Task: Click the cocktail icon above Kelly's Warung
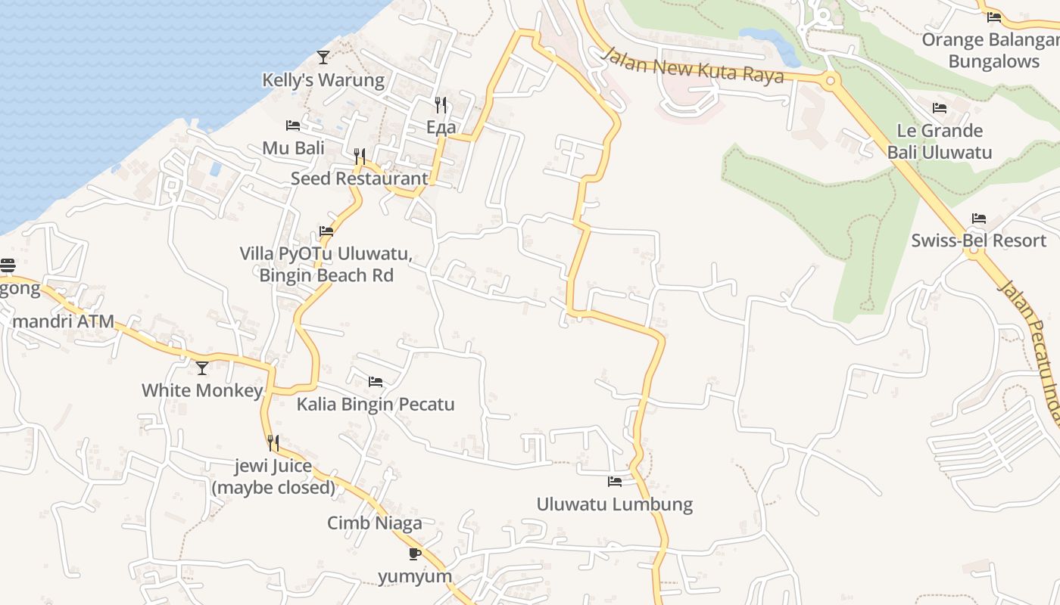pyautogui.click(x=323, y=57)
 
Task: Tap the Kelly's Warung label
pyautogui.click(x=323, y=79)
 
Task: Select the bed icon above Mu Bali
pyautogui.click(x=293, y=125)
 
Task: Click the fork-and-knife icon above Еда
pyautogui.click(x=441, y=104)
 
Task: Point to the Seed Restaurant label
pyautogui.click(x=360, y=178)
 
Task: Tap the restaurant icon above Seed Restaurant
pyautogui.click(x=360, y=157)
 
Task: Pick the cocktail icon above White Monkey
pyautogui.click(x=202, y=368)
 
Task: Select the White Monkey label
pyautogui.click(x=202, y=390)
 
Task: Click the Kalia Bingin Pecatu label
pyautogui.click(x=376, y=404)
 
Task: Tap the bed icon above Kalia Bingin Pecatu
pyautogui.click(x=376, y=381)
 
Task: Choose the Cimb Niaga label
pyautogui.click(x=375, y=523)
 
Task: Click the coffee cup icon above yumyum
pyautogui.click(x=414, y=554)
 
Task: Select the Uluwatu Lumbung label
pyautogui.click(x=615, y=504)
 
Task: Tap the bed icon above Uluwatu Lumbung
pyautogui.click(x=615, y=481)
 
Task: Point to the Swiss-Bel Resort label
pyautogui.click(x=978, y=240)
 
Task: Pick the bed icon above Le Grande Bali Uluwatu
pyautogui.click(x=940, y=108)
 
